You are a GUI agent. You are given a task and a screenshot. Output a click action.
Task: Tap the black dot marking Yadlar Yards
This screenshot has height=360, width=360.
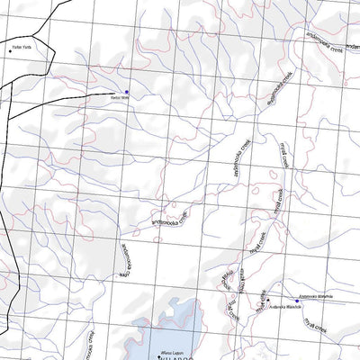coord(11,50)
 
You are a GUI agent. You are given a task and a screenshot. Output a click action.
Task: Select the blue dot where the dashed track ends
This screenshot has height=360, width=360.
coord(127,91)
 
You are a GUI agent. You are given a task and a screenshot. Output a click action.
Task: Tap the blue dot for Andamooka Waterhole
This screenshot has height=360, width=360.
coord(296,300)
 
